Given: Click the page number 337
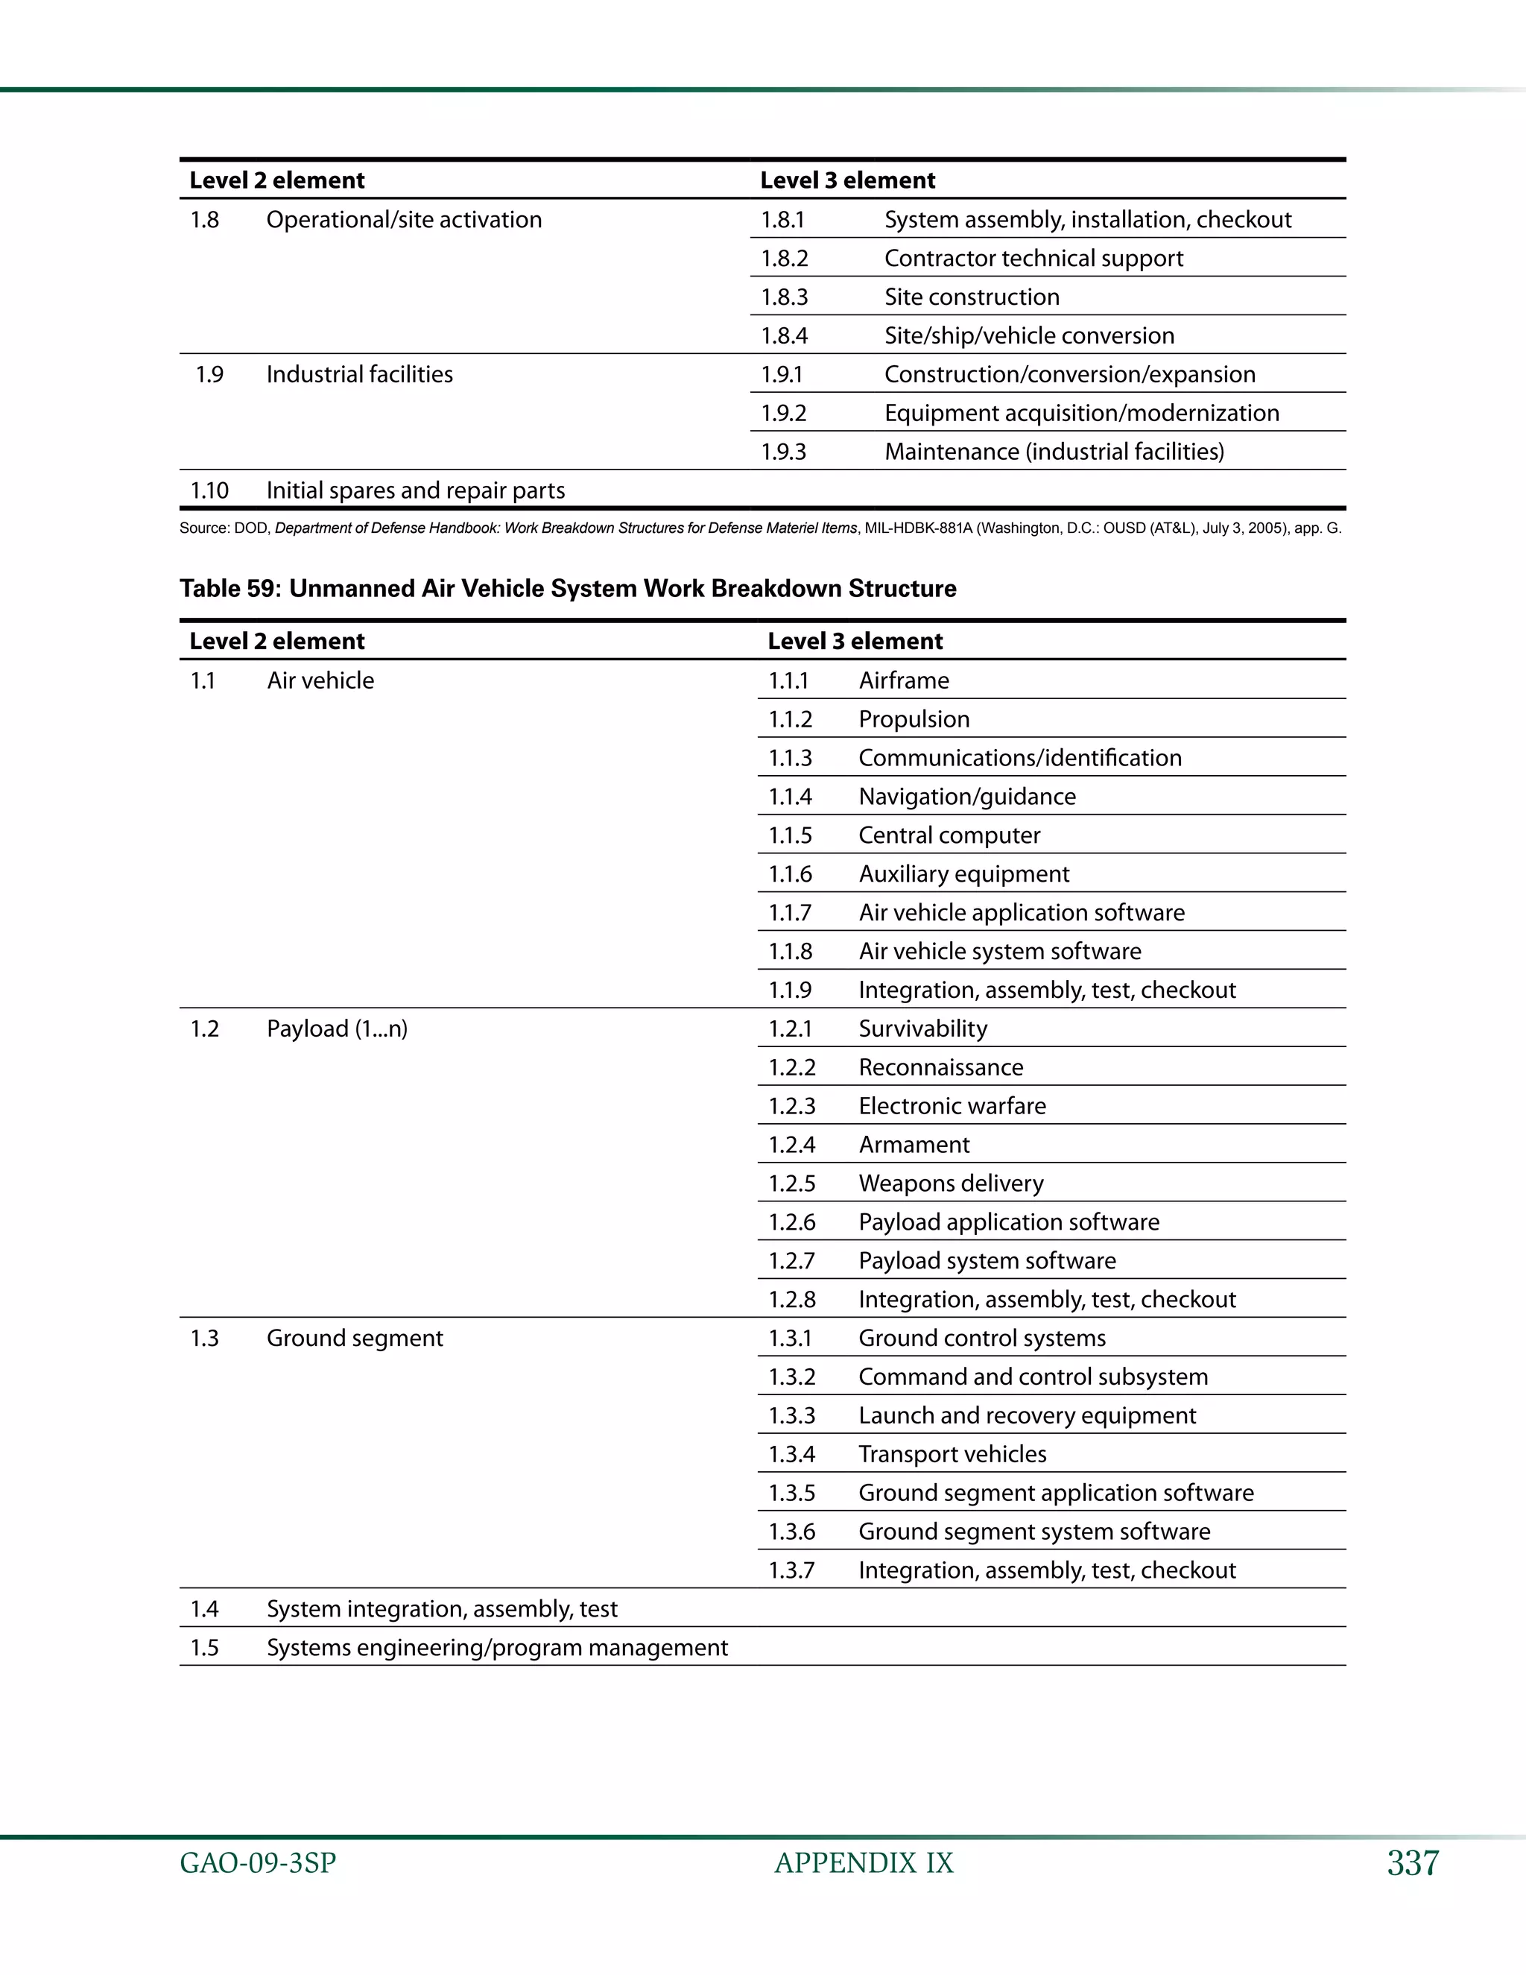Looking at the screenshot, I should [x=1412, y=1863].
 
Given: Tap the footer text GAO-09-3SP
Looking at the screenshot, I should [x=258, y=1863].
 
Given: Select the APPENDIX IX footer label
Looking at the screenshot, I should [x=864, y=1863].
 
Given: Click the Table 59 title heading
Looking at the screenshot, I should [x=568, y=589].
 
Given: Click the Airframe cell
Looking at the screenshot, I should [x=904, y=681].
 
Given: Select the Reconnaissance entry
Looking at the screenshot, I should [x=941, y=1068].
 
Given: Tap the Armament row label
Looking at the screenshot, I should [x=914, y=1145].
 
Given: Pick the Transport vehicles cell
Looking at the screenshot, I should [x=953, y=1454].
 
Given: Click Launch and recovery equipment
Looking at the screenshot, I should [x=1027, y=1415].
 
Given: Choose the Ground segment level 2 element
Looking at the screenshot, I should [x=355, y=1339].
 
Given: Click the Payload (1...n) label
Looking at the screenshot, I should [x=338, y=1029].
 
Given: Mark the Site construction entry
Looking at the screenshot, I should [x=972, y=297].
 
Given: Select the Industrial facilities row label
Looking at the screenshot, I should [x=360, y=374].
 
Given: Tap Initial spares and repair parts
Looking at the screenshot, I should [x=416, y=491].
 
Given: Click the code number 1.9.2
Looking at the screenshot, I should [x=783, y=414].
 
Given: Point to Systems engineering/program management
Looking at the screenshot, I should [x=497, y=1648].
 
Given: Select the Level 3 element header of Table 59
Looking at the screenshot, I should [x=855, y=641].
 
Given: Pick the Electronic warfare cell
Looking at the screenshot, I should [x=952, y=1106].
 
